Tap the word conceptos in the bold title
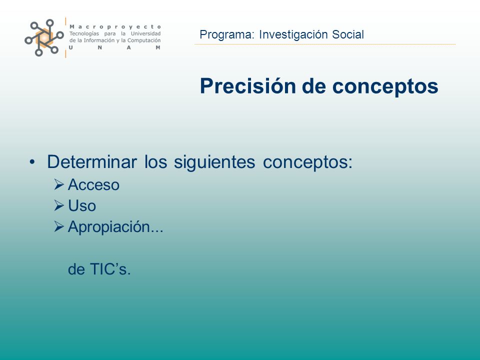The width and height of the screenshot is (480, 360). coord(385,87)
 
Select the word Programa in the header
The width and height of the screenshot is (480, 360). coord(227,35)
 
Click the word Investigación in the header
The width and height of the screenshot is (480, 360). coord(293,35)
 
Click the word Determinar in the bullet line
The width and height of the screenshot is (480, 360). coord(92,161)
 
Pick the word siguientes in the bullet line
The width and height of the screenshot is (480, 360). coord(214,162)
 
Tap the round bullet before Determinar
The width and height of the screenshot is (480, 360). coord(32,161)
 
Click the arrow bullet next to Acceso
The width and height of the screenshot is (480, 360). coord(59,184)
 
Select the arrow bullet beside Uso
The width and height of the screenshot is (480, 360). coord(59,205)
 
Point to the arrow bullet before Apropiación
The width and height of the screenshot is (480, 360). coord(59,226)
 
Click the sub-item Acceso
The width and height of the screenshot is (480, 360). coord(93,185)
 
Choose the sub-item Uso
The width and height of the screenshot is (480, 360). coord(82,205)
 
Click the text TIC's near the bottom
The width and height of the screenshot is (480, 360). coord(110,269)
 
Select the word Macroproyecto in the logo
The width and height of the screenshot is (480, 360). coord(115,27)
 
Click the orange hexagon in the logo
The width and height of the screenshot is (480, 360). coord(44,37)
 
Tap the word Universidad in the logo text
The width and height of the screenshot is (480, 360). coord(145,33)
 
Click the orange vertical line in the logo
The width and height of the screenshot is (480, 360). coord(65,37)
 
